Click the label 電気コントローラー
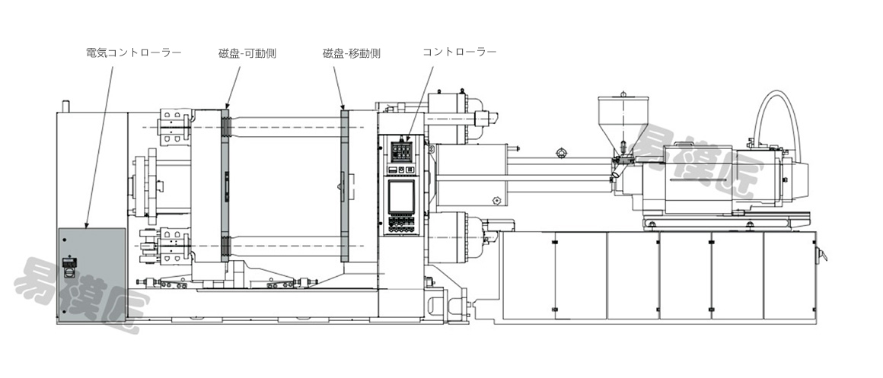(133, 53)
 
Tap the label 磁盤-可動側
(247, 53)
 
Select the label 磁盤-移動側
(352, 53)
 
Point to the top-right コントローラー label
(460, 52)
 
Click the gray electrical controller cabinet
(92, 273)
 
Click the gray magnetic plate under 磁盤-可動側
(226, 184)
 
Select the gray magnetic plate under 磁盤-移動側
(345, 186)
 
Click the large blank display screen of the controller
(401, 195)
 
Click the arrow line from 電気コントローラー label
(99, 147)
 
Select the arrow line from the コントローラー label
(420, 103)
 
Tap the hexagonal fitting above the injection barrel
(560, 152)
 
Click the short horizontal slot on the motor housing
(696, 180)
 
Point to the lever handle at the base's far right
(821, 254)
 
